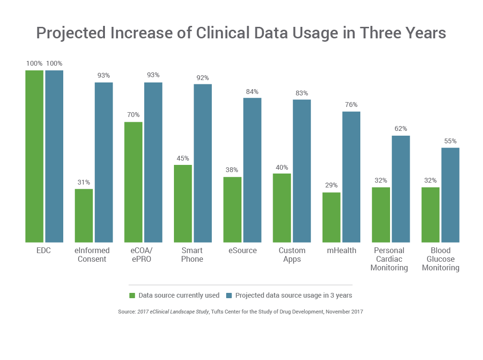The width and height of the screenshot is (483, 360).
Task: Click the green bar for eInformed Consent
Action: point(84,216)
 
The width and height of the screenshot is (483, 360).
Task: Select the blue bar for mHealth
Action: point(351,177)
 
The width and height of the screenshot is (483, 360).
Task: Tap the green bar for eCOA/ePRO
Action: point(134,182)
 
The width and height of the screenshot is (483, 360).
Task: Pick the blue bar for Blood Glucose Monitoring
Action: point(450,195)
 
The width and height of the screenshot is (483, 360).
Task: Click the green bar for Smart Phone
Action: point(183,204)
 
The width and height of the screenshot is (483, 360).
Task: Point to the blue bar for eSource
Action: point(252,170)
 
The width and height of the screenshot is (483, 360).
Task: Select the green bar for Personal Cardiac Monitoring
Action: point(381,215)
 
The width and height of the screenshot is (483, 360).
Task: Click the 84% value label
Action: point(252,92)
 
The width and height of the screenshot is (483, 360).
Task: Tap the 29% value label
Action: point(331,186)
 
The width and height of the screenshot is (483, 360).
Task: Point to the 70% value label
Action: point(133,115)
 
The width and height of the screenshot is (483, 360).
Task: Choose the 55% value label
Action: point(450,141)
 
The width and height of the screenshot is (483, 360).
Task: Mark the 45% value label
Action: point(183,158)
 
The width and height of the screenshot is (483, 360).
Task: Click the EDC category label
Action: point(44,250)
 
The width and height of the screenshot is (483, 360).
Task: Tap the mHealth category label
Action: point(342,250)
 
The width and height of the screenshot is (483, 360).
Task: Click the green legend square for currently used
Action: point(132,295)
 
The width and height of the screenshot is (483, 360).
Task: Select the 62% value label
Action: point(401,129)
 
